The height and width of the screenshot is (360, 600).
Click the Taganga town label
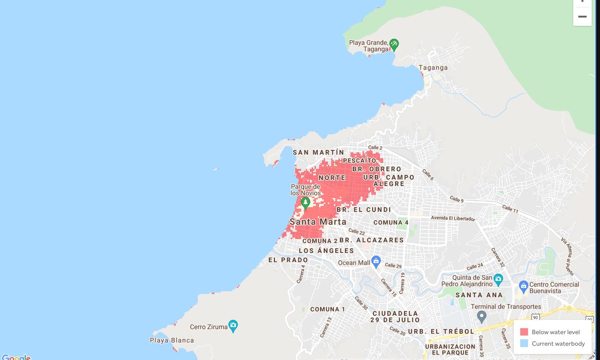[x=433, y=67]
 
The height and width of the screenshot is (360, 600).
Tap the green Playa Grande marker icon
[x=394, y=44]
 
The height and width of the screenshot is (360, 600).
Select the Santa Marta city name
[x=318, y=222]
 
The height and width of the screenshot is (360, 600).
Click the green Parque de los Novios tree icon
[x=305, y=202]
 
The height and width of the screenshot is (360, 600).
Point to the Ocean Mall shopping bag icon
[x=376, y=262]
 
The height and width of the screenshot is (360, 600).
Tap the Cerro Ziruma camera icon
[x=233, y=325]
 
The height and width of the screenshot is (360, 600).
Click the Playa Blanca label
[x=172, y=341]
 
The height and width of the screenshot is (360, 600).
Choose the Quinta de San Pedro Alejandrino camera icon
[x=498, y=279]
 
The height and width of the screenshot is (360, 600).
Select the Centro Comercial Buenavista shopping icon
[x=523, y=286]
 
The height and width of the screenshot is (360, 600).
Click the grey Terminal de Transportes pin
[x=481, y=317]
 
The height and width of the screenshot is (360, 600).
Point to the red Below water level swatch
[x=524, y=332]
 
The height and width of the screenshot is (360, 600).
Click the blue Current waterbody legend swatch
[x=524, y=343]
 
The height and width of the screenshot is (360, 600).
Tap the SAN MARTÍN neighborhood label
[x=318, y=152]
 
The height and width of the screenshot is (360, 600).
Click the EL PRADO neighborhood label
[x=288, y=260]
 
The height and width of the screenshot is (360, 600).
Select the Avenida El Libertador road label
[x=453, y=218]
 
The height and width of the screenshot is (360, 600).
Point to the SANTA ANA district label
[x=479, y=295]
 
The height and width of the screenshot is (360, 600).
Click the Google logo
[x=16, y=357]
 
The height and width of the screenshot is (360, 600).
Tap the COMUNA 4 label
[x=391, y=222]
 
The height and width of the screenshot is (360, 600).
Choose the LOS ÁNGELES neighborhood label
[x=327, y=251]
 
